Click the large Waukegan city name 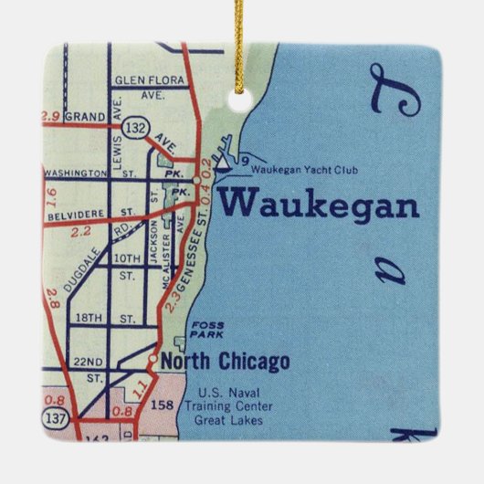point(318,203)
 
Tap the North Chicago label point(225,363)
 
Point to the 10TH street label point(127,258)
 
